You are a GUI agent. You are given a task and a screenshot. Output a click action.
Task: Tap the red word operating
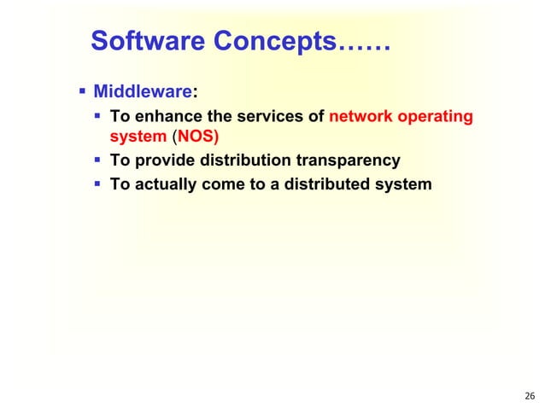[x=436, y=117]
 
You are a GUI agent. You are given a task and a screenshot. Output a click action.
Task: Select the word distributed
[x=323, y=184]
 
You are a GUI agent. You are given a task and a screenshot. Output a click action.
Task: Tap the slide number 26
[x=529, y=395]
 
